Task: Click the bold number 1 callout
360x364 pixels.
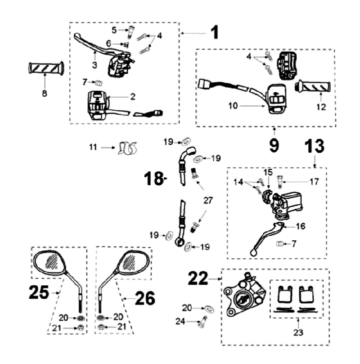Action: [x=214, y=33]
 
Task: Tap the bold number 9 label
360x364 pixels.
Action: [x=274, y=145]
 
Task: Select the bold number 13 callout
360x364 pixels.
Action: [x=314, y=146]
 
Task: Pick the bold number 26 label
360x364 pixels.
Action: [x=145, y=299]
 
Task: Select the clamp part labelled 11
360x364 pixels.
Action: [x=128, y=148]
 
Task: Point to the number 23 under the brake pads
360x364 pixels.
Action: [x=298, y=331]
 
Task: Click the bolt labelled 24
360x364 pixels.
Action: [x=202, y=323]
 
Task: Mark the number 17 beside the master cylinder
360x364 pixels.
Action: [x=314, y=182]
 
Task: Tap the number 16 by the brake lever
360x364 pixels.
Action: [x=300, y=226]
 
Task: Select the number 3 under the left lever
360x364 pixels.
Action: [x=94, y=65]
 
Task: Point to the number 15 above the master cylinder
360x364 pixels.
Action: [x=268, y=172]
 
